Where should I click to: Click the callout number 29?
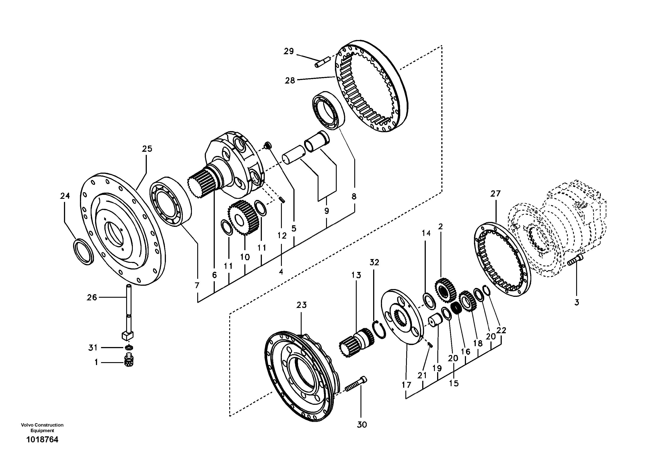[289, 51]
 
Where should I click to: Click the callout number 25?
[147, 149]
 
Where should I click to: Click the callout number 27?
[496, 194]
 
